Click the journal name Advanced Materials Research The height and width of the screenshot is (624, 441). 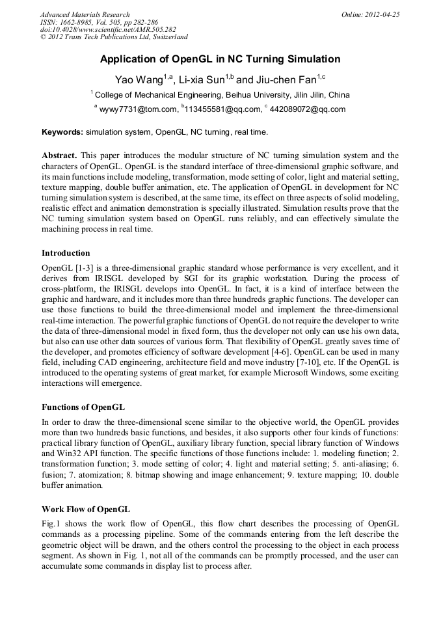pos(85,14)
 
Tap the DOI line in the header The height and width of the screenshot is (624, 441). pos(108,30)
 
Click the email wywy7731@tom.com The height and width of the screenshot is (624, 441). pos(138,110)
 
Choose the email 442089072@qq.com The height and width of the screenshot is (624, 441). pos(310,110)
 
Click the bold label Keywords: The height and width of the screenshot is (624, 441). pos(62,132)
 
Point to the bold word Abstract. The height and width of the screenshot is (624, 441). pos(59,156)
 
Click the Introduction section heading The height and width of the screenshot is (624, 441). pos(66,252)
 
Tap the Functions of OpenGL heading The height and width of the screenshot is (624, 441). pos(83,407)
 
